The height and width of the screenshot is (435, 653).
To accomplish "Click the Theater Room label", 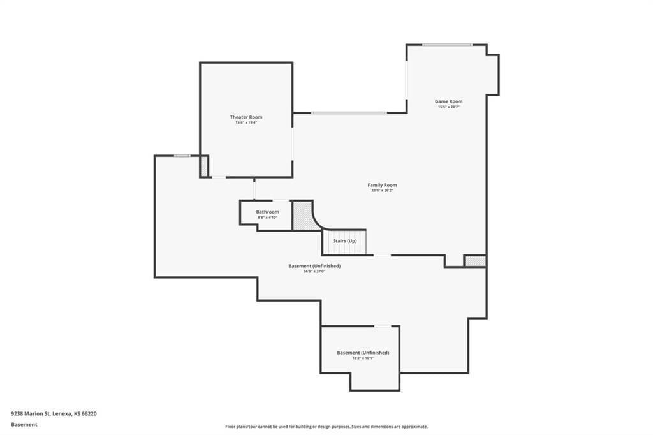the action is coord(246,117).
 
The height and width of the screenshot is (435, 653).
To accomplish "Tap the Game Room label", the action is coord(448,101).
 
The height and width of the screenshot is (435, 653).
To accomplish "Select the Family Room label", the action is coord(382,185).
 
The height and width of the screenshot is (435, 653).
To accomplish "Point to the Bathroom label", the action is coord(267,212).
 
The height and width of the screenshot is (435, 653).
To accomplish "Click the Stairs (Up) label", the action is coord(344,241).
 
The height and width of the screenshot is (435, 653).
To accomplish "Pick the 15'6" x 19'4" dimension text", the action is coord(246,122).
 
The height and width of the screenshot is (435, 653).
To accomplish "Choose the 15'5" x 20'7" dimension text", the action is coord(448,107).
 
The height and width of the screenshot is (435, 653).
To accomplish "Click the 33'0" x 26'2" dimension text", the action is coord(382,191).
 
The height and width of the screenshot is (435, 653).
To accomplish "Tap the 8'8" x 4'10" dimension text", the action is coord(267,217).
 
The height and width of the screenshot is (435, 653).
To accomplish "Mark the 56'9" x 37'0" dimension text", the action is coord(314,271).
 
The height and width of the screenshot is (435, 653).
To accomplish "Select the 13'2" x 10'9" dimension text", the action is coord(363,358).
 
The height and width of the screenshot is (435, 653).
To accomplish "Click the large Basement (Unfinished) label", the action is coord(314,266).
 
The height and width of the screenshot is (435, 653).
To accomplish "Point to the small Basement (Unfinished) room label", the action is coord(363,353).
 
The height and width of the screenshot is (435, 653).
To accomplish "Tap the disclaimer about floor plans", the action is coord(326,427).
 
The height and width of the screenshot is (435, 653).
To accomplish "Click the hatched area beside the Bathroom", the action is coord(303,216).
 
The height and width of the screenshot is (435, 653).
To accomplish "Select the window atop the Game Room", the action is coord(447,45).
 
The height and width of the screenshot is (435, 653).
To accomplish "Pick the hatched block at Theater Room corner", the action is coord(204,166).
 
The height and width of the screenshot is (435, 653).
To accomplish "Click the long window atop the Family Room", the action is coord(349,113).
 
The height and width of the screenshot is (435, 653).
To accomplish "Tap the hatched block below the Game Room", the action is coord(475,261).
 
